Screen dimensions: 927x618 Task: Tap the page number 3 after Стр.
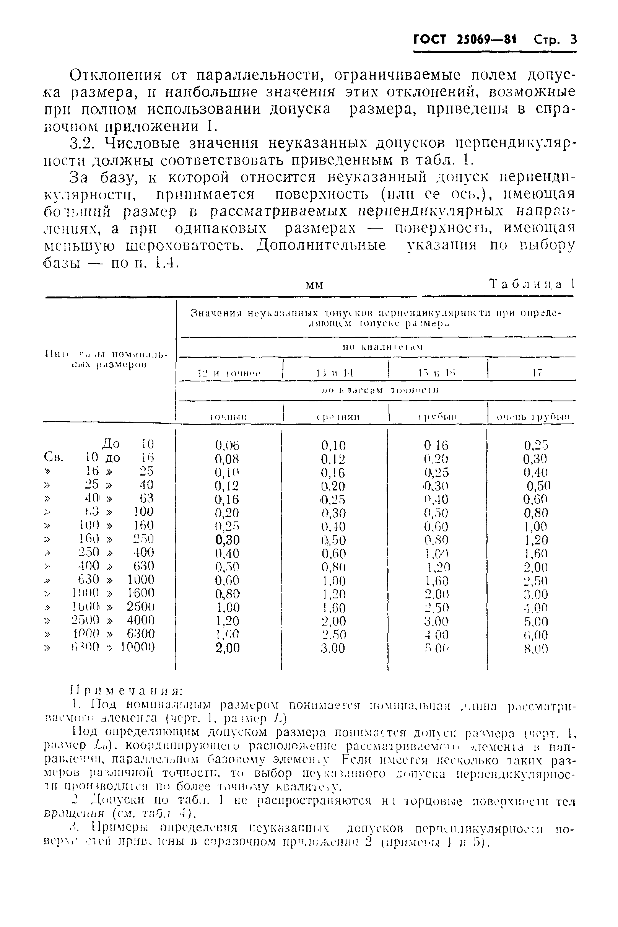572,39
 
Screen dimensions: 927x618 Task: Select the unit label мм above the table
314,285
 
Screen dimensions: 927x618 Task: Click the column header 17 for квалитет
537,373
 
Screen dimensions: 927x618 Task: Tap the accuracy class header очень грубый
533,417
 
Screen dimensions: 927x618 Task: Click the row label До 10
127,445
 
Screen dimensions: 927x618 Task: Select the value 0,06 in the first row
227,446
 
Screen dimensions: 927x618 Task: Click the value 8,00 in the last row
536,649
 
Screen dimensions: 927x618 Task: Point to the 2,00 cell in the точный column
228,648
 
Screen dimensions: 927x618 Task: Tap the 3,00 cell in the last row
333,648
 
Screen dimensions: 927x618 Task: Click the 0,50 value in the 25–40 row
538,486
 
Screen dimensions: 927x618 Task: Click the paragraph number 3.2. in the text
82,143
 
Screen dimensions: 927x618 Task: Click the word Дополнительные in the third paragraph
321,245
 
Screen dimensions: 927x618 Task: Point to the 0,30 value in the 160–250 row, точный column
228,540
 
